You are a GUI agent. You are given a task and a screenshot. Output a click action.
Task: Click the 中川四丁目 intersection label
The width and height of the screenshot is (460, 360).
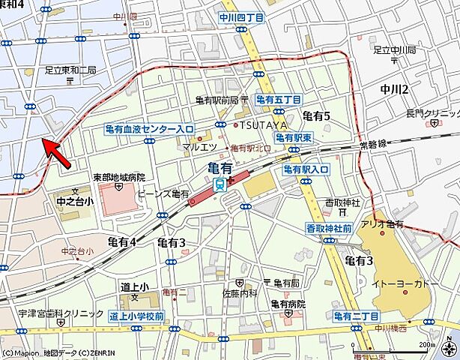(242, 16)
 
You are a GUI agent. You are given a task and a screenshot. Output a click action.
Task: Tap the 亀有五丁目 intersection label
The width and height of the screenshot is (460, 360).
(278, 99)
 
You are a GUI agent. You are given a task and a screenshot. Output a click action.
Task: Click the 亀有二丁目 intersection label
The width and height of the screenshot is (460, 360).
(357, 318)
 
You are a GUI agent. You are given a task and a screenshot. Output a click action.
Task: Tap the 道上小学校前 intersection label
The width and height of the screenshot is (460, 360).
(136, 316)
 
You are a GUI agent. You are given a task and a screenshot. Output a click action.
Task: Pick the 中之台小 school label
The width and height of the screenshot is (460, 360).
(75, 201)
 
